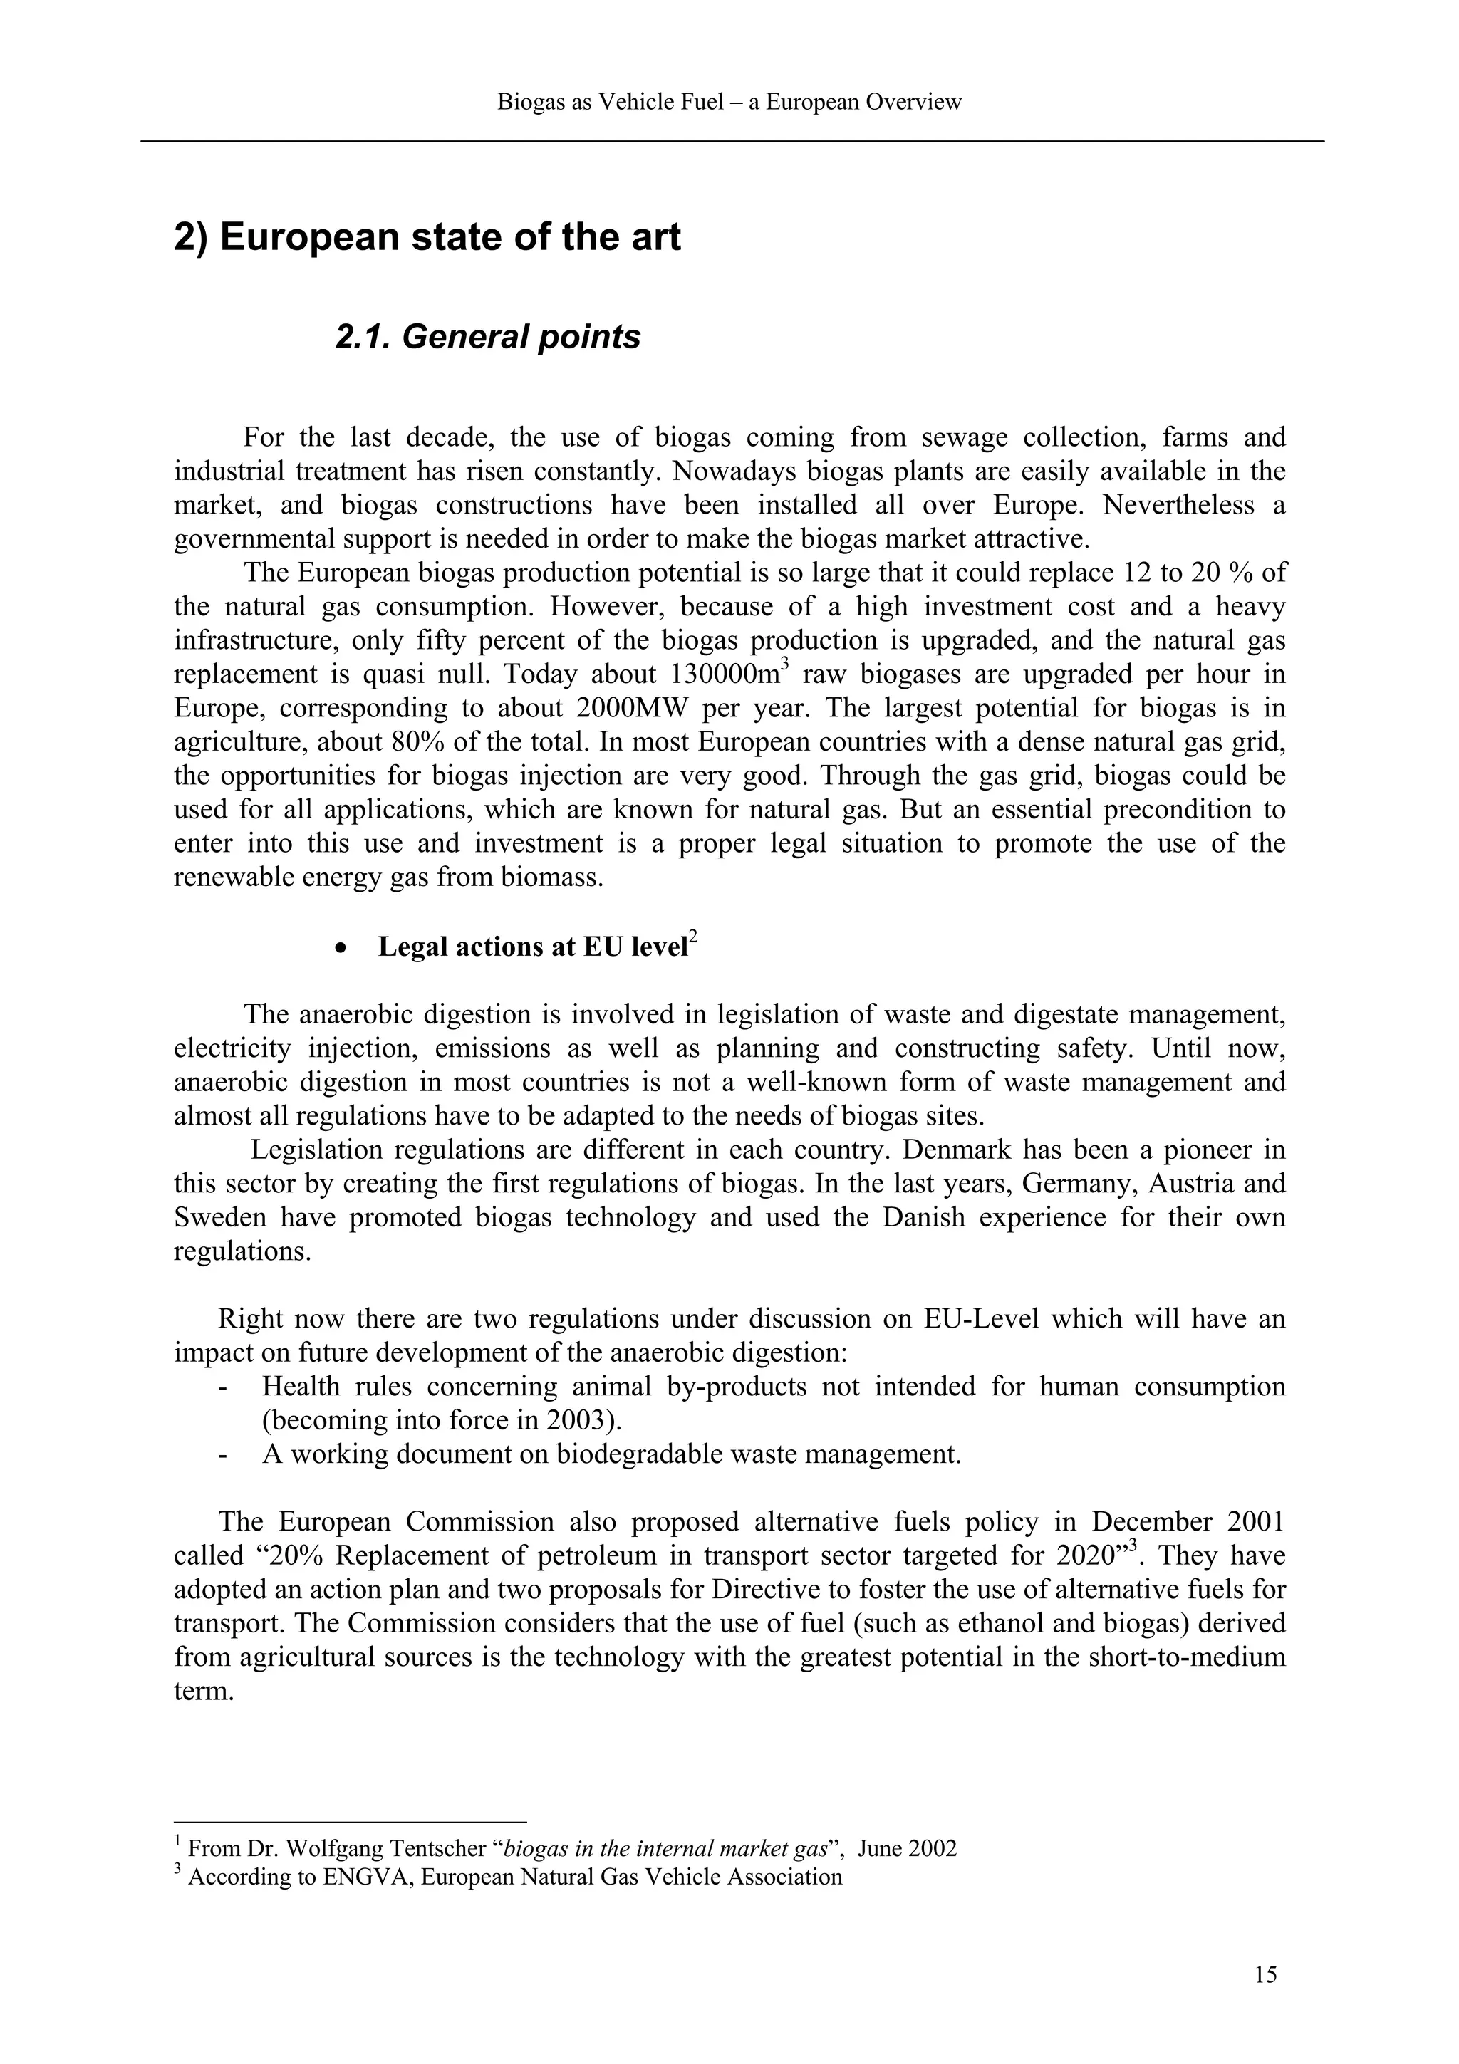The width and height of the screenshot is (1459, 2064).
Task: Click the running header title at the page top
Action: tap(729, 102)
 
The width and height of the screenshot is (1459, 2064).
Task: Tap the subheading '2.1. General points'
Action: tap(487, 337)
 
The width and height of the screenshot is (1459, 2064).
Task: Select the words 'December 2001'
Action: tap(1188, 1522)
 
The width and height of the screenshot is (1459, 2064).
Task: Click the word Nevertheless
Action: tap(1178, 505)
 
